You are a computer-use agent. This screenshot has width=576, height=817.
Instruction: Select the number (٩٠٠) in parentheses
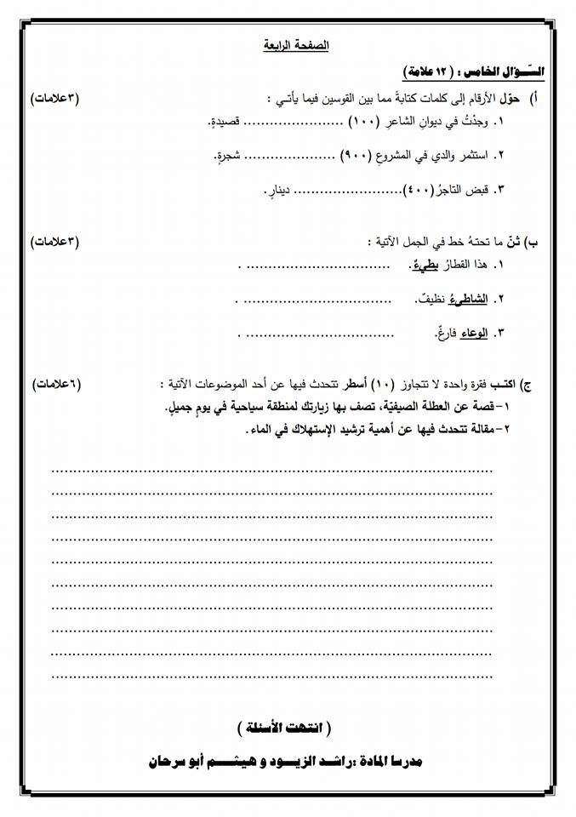pyautogui.click(x=354, y=155)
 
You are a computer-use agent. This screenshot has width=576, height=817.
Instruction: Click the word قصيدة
pyautogui.click(x=230, y=123)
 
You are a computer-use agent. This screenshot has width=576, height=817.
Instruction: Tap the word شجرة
pyautogui.click(x=227, y=155)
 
